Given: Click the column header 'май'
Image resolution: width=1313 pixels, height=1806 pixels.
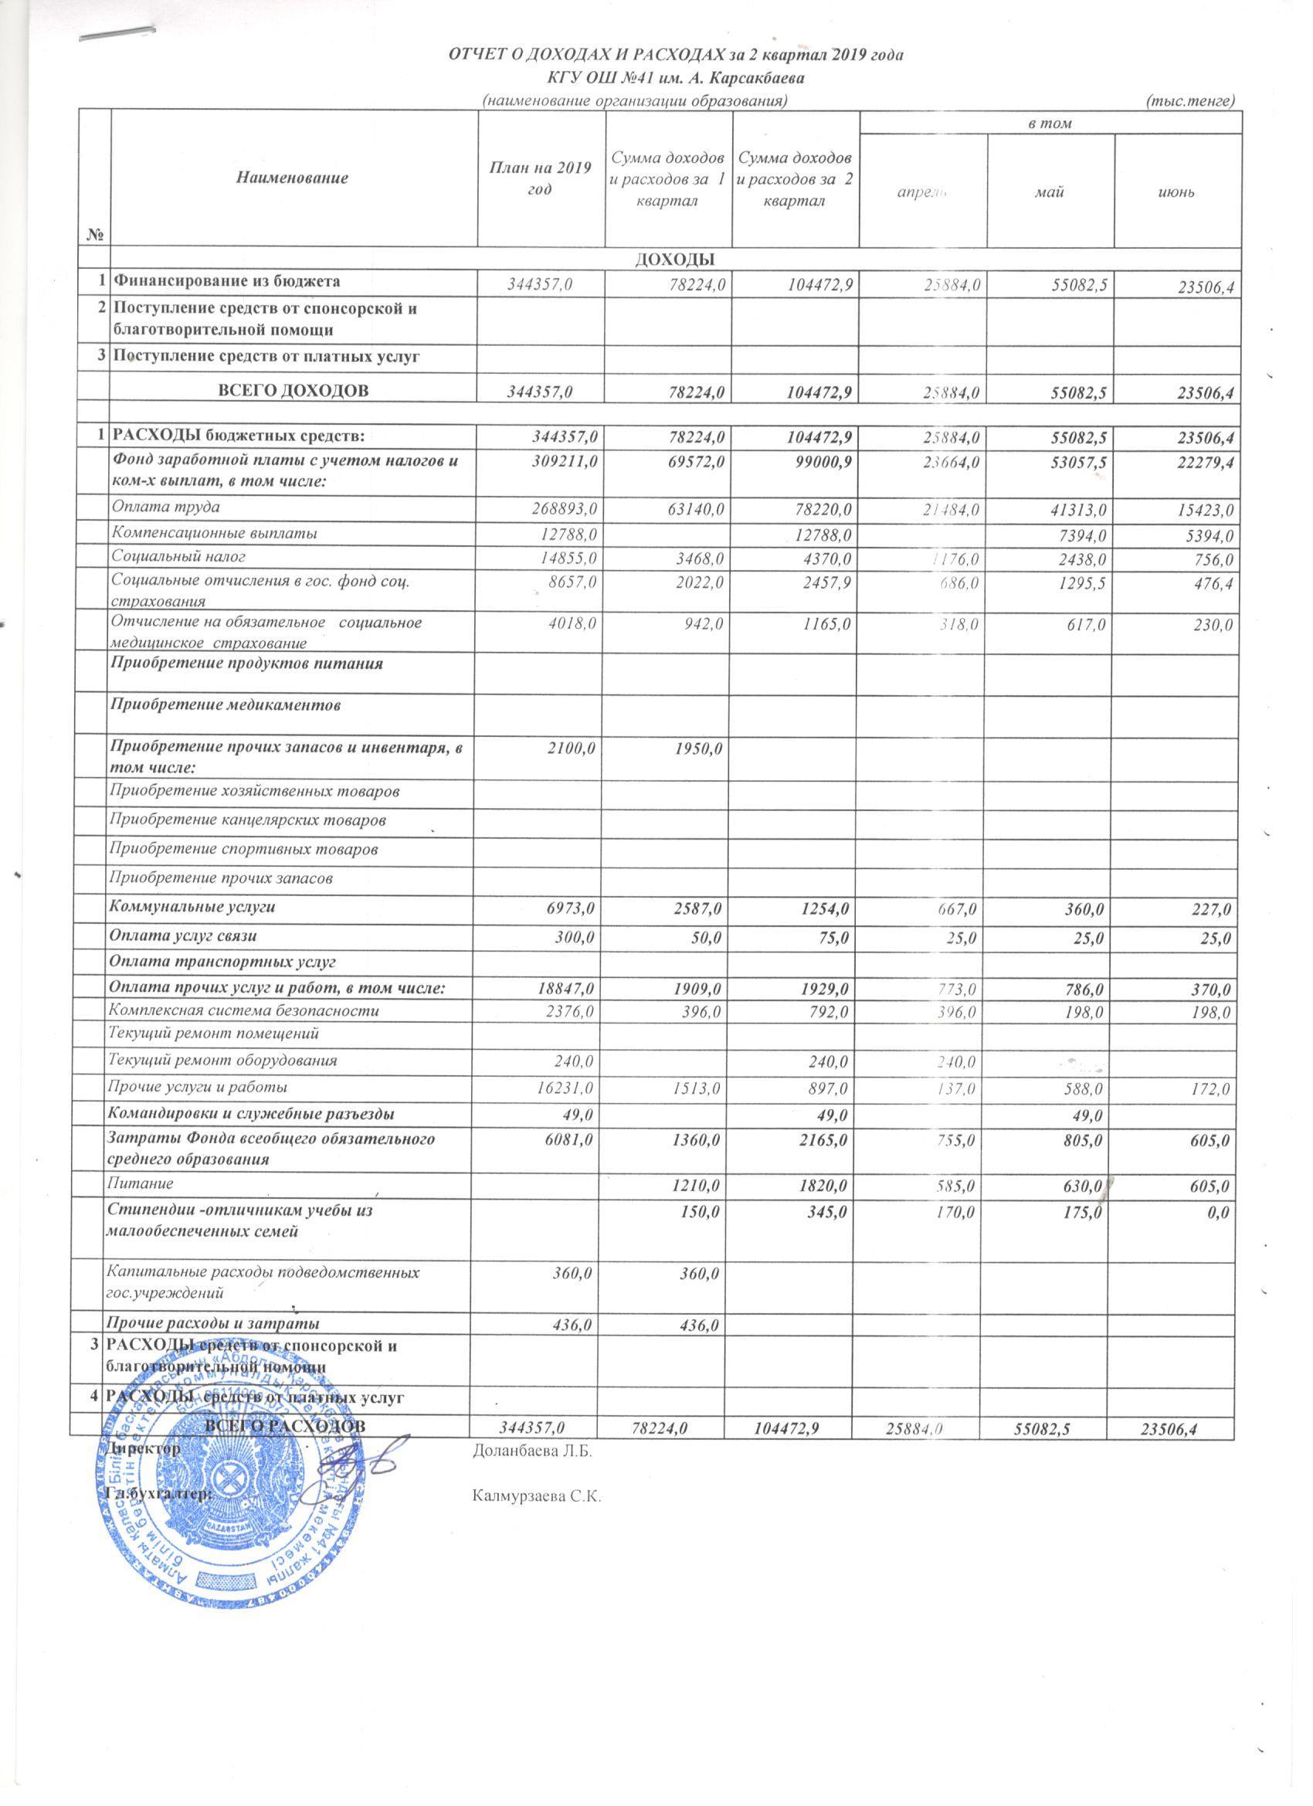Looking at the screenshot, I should point(1050,192).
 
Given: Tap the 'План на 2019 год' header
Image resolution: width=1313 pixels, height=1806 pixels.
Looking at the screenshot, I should point(541,178).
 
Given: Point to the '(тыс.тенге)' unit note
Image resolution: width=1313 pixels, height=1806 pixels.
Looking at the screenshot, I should point(1189,100).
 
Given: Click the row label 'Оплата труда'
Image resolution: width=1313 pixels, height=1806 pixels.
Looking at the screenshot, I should point(165,507).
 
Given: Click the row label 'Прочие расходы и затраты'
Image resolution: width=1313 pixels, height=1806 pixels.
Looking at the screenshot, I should point(215,1322).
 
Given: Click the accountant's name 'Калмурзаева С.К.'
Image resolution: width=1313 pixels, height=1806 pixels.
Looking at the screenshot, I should point(534,1497).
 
